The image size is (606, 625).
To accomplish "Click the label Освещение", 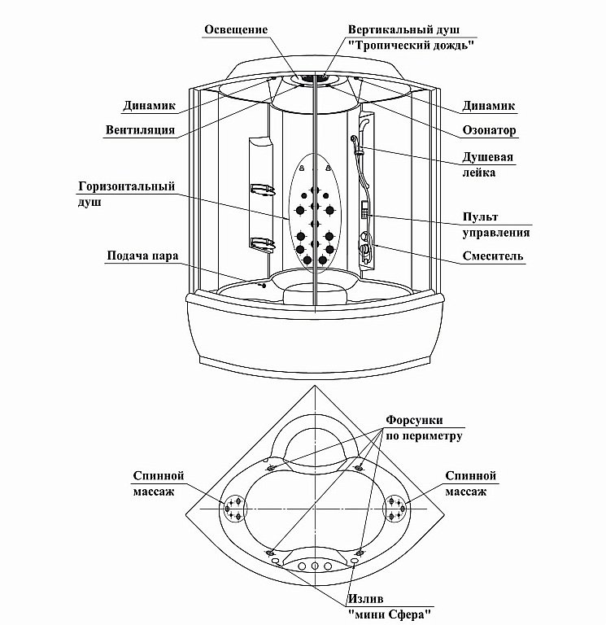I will point(236,29).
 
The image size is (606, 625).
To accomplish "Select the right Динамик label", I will point(489,106).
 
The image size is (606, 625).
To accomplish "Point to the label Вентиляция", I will point(141,129).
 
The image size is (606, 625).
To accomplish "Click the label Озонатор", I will point(489,130).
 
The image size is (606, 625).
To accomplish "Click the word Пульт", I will point(481,216).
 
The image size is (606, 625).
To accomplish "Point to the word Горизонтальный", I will point(127,186).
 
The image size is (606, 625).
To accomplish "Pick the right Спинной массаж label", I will point(472,483).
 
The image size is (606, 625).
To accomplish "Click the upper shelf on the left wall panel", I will point(260,190).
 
